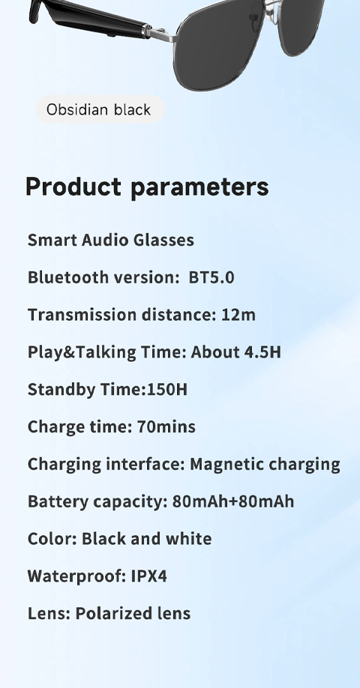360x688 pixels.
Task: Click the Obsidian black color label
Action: coord(99,109)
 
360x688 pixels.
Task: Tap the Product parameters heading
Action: coord(147,187)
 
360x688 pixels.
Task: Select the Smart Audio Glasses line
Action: coord(111,240)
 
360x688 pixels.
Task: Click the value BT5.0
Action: coord(211,277)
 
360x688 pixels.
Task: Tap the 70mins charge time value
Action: coord(166,426)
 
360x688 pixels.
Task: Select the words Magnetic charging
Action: coord(265,465)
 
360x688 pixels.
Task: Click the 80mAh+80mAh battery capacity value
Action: coord(233,501)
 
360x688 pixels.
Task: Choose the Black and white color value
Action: coord(147,538)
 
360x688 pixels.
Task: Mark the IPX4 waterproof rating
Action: coord(148,576)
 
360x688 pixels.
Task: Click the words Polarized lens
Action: coord(133,613)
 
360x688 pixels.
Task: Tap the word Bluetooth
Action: coord(68,277)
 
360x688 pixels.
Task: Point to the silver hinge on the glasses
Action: coord(160,34)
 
